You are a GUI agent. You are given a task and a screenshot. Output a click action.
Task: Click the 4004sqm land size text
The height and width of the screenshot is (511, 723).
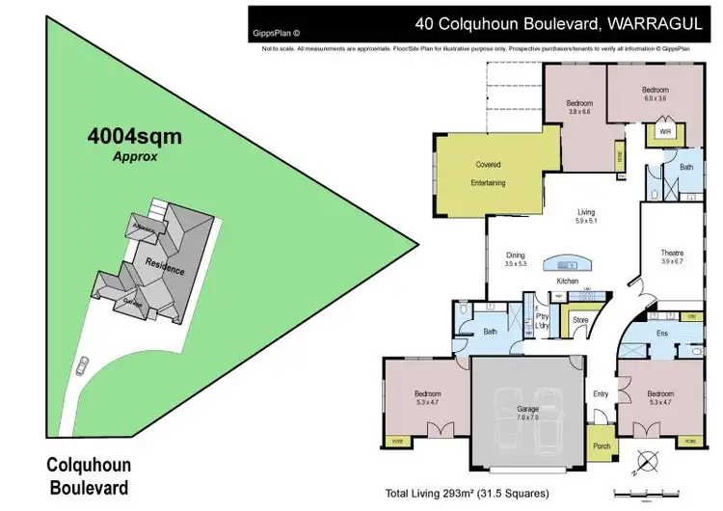pyautogui.click(x=135, y=136)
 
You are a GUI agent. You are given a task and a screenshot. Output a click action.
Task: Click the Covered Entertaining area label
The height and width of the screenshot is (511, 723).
pyautogui.click(x=488, y=174)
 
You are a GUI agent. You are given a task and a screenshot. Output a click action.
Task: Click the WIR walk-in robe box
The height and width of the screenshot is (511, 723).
pyautogui.click(x=664, y=131)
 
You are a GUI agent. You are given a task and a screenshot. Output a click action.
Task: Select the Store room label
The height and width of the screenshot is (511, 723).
pyautogui.click(x=579, y=320)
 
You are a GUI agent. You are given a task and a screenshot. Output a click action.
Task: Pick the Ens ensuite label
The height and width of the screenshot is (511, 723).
pyautogui.click(x=662, y=334)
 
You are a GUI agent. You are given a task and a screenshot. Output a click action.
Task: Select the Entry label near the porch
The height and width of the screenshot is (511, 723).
pyautogui.click(x=601, y=392)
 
